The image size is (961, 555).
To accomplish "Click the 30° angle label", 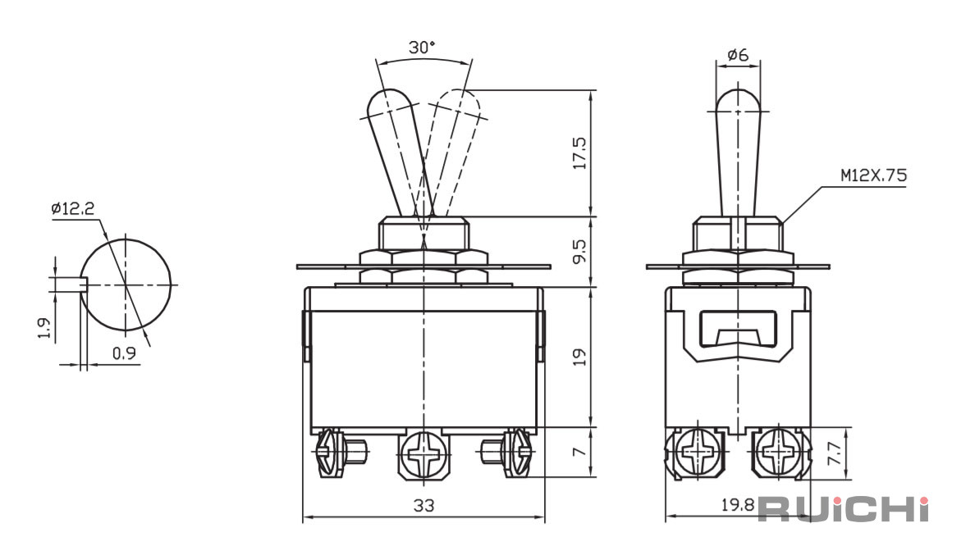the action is pyautogui.click(x=422, y=47).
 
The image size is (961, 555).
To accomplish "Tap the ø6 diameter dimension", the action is pyautogui.click(x=738, y=55).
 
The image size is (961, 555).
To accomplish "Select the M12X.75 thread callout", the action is pyautogui.click(x=873, y=176).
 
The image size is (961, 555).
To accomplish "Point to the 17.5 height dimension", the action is pyautogui.click(x=579, y=153).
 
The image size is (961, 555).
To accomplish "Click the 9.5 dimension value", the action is pyautogui.click(x=579, y=251).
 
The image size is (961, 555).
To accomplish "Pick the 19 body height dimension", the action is pyautogui.click(x=579, y=357).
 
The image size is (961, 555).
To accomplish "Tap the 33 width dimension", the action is pyautogui.click(x=423, y=506).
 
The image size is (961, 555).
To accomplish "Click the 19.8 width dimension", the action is pyautogui.click(x=737, y=505).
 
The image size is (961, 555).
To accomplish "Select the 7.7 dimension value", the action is pyautogui.click(x=835, y=453).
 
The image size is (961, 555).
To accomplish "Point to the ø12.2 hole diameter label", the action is pyautogui.click(x=73, y=209).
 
